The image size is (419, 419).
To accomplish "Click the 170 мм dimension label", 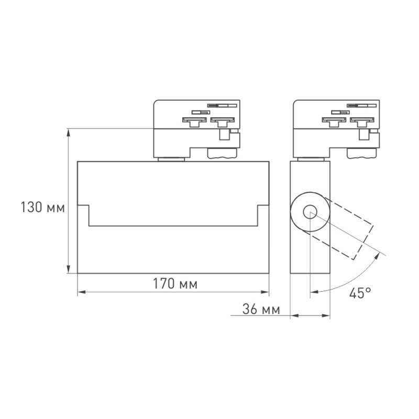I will pos(175,284).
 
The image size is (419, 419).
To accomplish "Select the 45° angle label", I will pos(360,293).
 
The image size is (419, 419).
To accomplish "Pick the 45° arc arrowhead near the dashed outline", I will pos(379,255).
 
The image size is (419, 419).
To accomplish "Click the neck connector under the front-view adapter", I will pos(171,159).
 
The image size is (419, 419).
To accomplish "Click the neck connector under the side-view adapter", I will pos(311,159).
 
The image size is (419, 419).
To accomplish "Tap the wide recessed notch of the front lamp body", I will pos(173,215).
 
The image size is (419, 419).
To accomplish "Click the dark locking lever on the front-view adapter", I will pos(222,153).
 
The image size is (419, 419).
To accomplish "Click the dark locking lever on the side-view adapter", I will pos(362,153).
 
